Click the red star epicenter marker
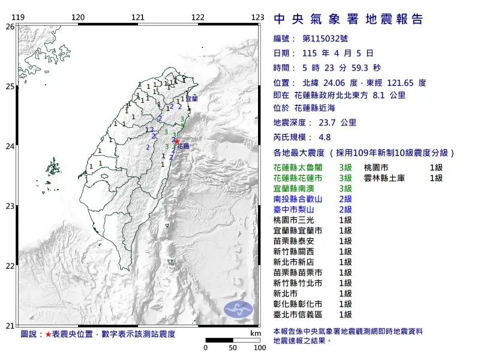(x=176, y=142)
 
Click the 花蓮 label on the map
(x=184, y=146)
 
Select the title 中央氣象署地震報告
(x=349, y=19)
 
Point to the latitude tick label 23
(x=10, y=206)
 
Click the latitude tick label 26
(x=10, y=27)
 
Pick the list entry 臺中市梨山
(x=294, y=209)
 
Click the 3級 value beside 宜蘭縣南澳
(x=345, y=188)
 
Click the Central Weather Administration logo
(x=238, y=308)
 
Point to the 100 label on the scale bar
(x=259, y=347)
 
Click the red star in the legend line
(x=48, y=334)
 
